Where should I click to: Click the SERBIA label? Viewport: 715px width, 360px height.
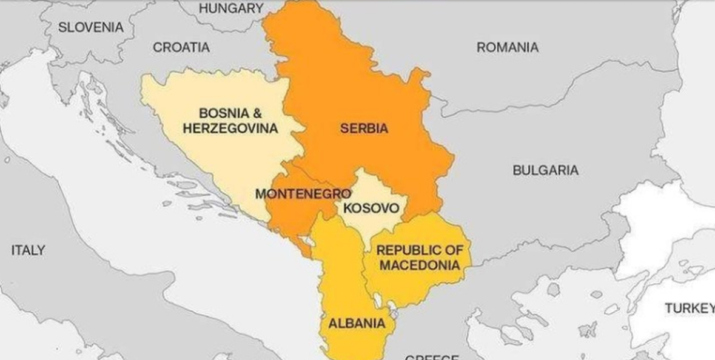pos(364,128)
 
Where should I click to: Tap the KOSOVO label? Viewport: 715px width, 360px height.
pos(371,208)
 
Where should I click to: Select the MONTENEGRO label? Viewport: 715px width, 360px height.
pos(303,194)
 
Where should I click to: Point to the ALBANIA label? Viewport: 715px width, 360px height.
pos(357,324)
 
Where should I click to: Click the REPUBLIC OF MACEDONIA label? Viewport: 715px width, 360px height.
pos(420,258)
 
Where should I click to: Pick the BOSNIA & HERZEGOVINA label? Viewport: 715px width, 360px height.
pos(230,121)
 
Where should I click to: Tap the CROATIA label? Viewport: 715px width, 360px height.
pos(181,47)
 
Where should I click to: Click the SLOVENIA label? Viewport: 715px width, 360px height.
pos(91,27)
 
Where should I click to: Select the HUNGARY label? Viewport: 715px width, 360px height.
pos(231,8)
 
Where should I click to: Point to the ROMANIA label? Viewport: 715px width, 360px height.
pos(507,47)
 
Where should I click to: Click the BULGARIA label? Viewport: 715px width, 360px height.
pos(545,170)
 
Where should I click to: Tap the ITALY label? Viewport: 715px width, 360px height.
pos(28,250)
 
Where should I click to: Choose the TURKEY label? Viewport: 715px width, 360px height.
pos(690,308)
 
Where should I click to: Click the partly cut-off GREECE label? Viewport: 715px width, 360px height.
pos(431,356)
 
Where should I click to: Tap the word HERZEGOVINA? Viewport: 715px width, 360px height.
pos(230,128)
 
